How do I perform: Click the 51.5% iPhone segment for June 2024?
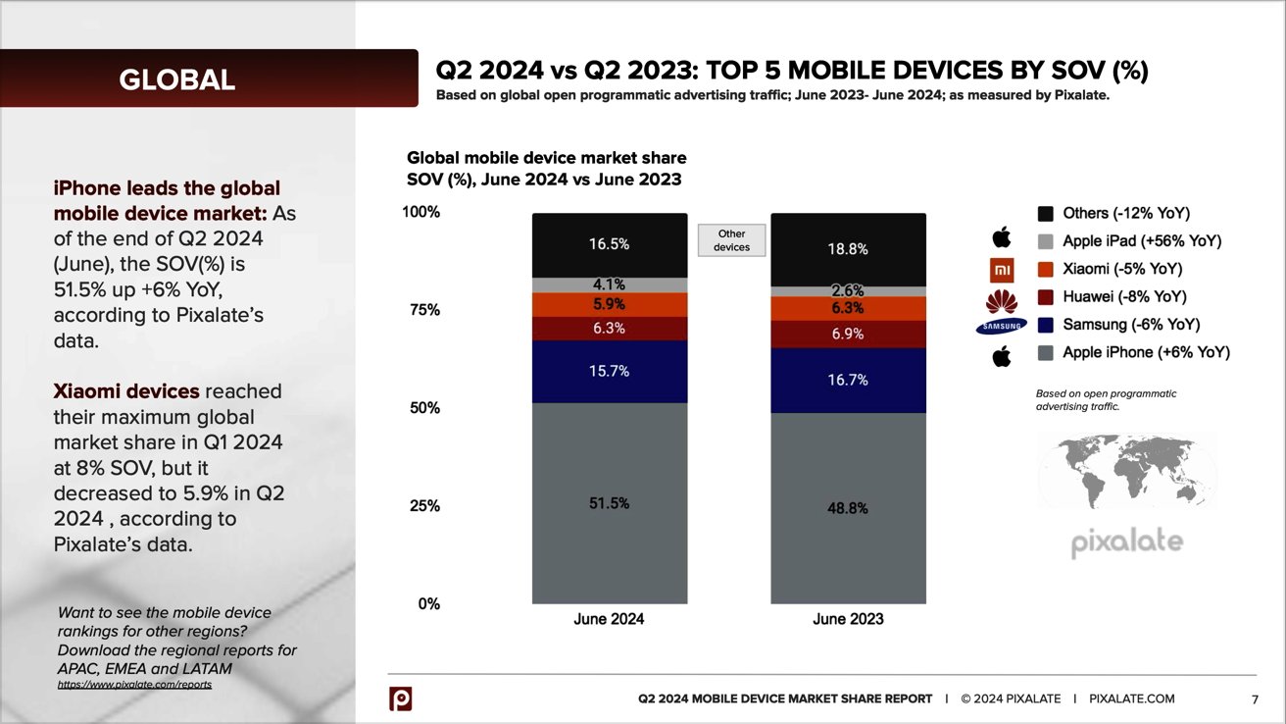(x=609, y=503)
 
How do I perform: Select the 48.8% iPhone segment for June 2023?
(x=848, y=509)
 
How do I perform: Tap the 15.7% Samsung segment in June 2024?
(x=609, y=372)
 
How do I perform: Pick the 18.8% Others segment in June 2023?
(x=848, y=249)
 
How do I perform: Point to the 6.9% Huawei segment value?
(x=848, y=334)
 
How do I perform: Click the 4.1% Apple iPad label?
(x=609, y=285)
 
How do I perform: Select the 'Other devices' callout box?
(x=731, y=240)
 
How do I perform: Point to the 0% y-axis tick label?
(x=428, y=604)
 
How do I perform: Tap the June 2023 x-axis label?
(x=848, y=619)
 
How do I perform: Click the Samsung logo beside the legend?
(x=1000, y=327)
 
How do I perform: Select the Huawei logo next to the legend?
(x=1001, y=298)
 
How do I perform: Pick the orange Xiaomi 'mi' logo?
(x=1001, y=269)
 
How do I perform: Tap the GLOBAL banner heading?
(x=177, y=79)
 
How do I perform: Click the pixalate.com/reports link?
(x=135, y=683)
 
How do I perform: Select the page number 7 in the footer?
(x=1255, y=699)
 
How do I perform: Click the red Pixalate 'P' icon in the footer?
(x=400, y=698)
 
